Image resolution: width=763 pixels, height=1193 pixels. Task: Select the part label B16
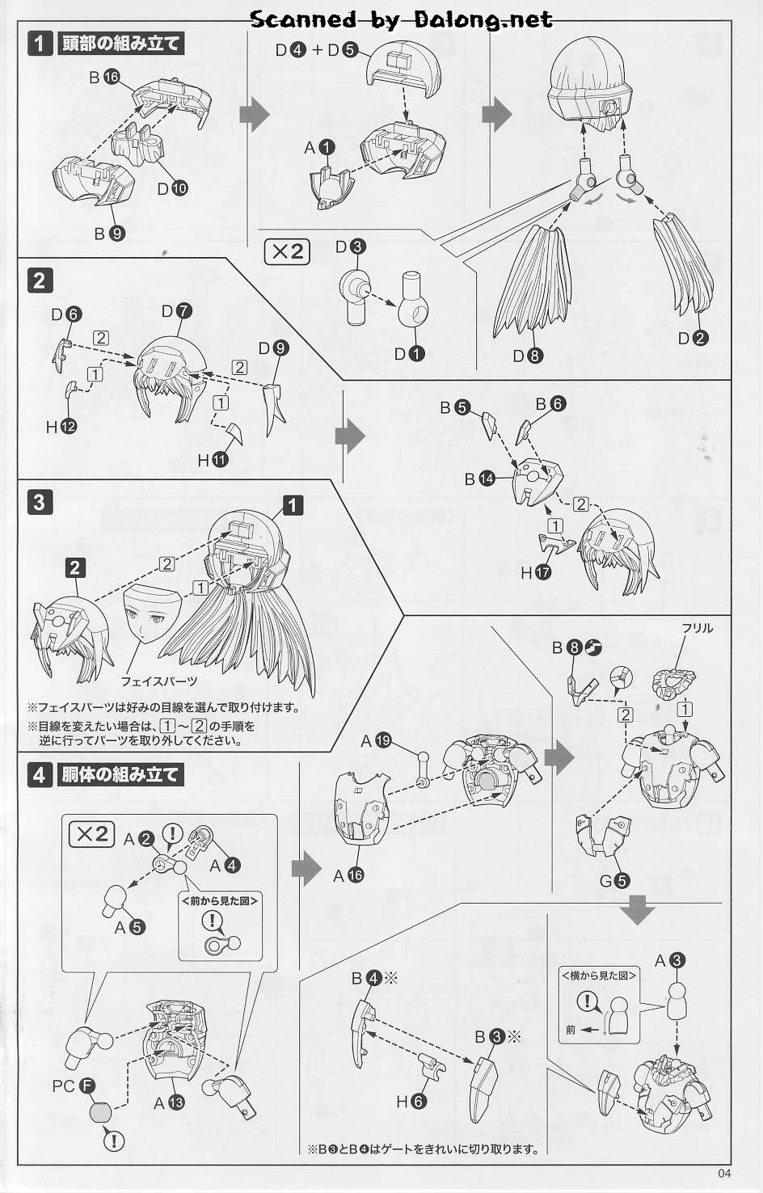tap(104, 78)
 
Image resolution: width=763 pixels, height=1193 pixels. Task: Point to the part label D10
tap(173, 188)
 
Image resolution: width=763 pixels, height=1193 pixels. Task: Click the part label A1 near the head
tap(319, 147)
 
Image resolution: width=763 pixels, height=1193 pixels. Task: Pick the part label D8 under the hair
tap(528, 356)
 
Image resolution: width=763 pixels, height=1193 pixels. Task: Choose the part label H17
tap(536, 572)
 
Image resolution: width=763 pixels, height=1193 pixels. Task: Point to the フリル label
tap(697, 629)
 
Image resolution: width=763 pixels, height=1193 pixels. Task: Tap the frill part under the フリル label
tap(674, 683)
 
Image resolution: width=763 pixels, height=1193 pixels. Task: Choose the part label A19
tap(376, 741)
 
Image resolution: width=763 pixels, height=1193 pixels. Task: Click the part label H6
tap(411, 1102)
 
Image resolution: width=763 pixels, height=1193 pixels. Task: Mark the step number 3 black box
tap(40, 502)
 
